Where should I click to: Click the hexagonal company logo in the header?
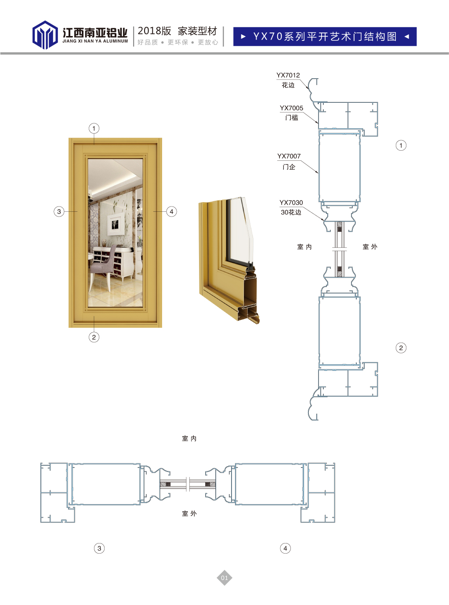coord(45,35)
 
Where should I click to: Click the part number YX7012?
coord(288,75)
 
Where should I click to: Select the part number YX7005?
coord(291,108)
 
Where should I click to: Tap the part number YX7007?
coord(289,156)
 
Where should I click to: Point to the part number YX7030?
coord(291,203)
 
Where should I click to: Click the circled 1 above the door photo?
coord(94,128)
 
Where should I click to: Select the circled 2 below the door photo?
coord(94,337)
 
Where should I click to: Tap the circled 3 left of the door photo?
coord(59,211)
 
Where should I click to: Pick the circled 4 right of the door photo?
coord(172,211)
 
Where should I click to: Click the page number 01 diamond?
coord(224,578)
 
